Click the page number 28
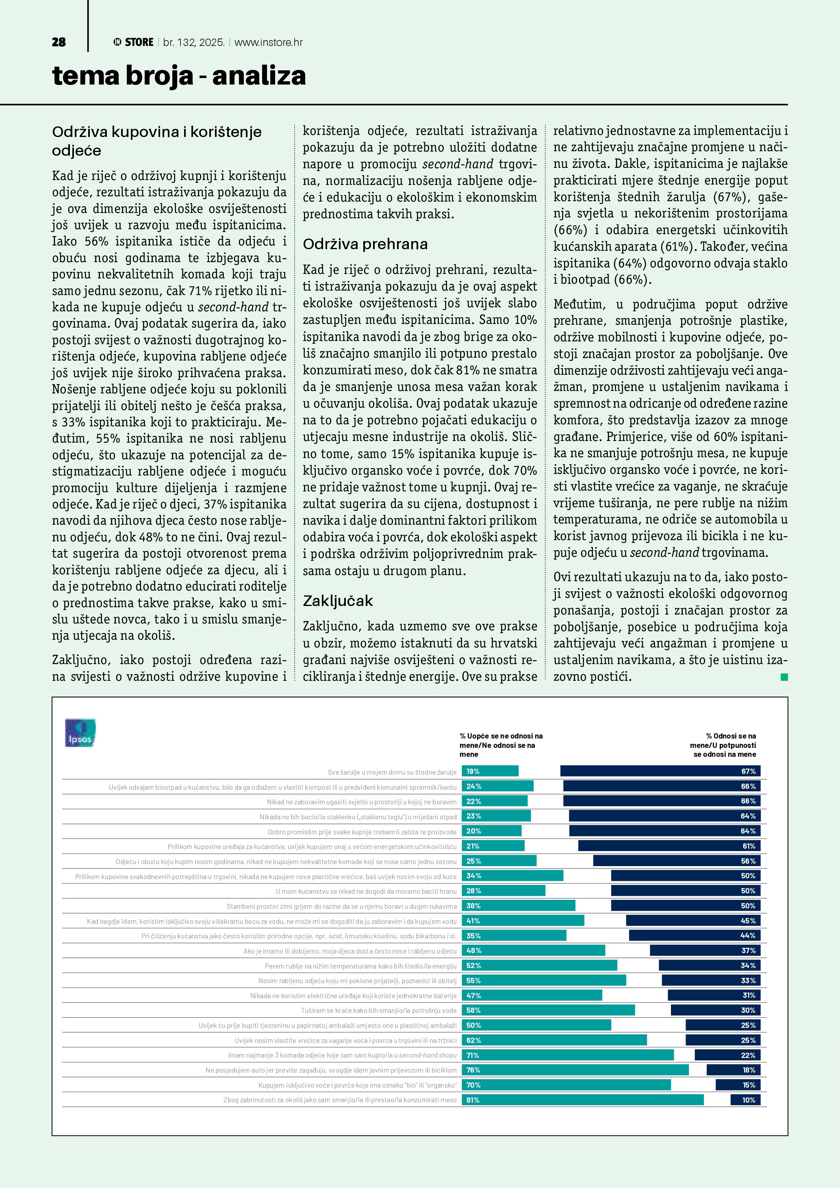[59, 42]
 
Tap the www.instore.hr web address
[269, 42]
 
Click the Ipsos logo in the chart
[80, 733]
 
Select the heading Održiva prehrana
[365, 244]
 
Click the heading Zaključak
[338, 601]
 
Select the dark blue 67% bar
[660, 771]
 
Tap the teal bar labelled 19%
[490, 771]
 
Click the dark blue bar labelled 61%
[669, 846]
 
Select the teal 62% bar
[554, 1040]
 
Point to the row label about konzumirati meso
[340, 1100]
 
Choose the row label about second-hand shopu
[343, 1055]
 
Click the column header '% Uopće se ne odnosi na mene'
[501, 745]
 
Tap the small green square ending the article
[784, 677]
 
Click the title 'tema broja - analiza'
[179, 76]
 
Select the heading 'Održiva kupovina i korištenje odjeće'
[157, 141]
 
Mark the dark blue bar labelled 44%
[695, 936]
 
